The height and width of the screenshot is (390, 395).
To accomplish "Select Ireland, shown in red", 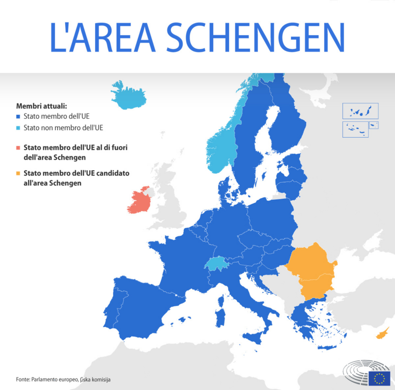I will point(139,202).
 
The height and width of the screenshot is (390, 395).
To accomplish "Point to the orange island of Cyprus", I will point(382,334).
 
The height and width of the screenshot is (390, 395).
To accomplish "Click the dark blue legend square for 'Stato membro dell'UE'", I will point(18,117).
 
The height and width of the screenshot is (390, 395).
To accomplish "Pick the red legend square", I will point(18,147).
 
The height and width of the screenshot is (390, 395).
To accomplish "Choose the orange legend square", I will point(18,173).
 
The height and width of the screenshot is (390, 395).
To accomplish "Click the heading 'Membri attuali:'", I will point(41,106).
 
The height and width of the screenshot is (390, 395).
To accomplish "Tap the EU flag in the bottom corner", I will point(379,378).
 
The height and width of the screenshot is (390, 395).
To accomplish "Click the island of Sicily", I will point(256,338).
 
